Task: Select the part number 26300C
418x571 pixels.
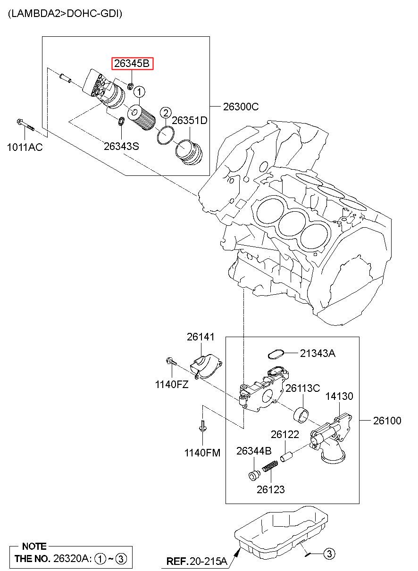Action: (241, 107)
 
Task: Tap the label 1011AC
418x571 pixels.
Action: (25, 147)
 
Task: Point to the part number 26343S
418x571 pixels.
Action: (121, 146)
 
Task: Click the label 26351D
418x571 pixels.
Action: (190, 121)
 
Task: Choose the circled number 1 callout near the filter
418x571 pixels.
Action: (139, 92)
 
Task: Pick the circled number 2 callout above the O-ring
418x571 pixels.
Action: (166, 113)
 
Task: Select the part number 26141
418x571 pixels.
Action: (201, 337)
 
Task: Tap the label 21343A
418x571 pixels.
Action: (318, 354)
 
